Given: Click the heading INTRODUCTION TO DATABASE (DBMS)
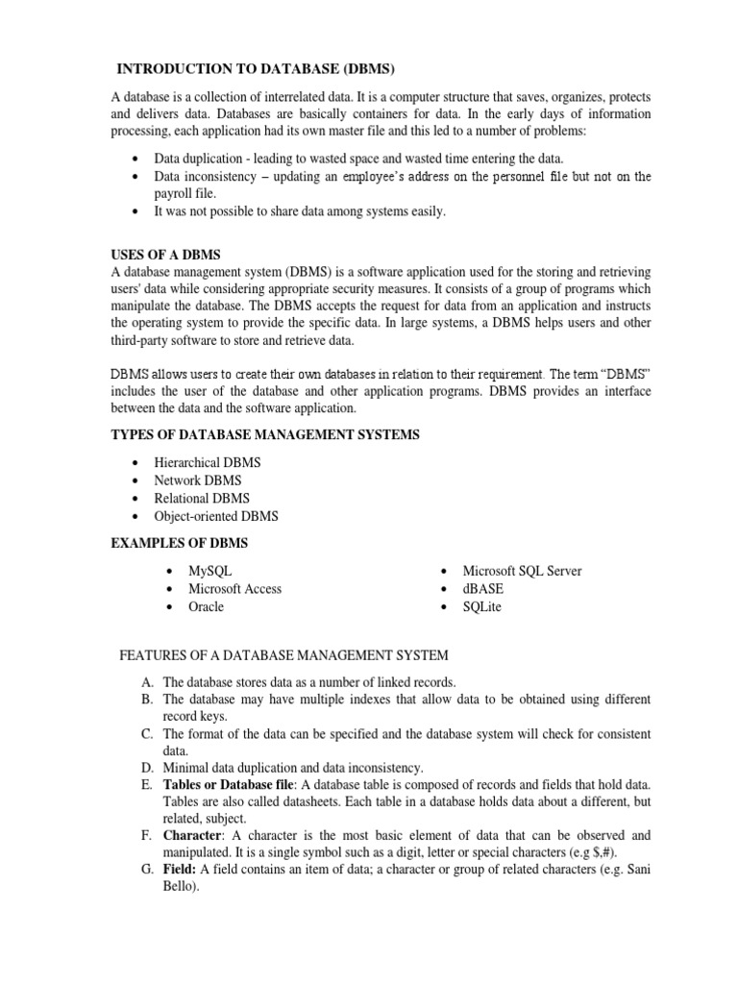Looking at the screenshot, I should click(256, 68).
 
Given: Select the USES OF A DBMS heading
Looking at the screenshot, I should click(166, 255).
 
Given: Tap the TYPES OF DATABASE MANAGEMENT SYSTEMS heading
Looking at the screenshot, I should click(266, 435).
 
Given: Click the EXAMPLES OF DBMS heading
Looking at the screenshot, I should click(180, 543).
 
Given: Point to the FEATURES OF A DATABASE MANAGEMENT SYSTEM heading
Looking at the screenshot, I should click(283, 655).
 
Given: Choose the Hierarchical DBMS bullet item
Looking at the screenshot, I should click(207, 462).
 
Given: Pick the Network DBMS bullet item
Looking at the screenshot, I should click(198, 480).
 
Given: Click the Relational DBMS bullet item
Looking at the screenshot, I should click(202, 498).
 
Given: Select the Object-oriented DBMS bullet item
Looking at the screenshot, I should click(216, 516).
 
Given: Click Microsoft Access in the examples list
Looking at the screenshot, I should click(234, 589).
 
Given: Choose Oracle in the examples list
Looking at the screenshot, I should click(206, 606).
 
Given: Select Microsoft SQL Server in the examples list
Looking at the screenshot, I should click(522, 571).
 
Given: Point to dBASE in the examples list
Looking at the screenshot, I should click(482, 589).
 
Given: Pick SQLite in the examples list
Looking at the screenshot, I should click(481, 606).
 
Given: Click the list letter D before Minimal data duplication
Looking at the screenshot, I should click(146, 767).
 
